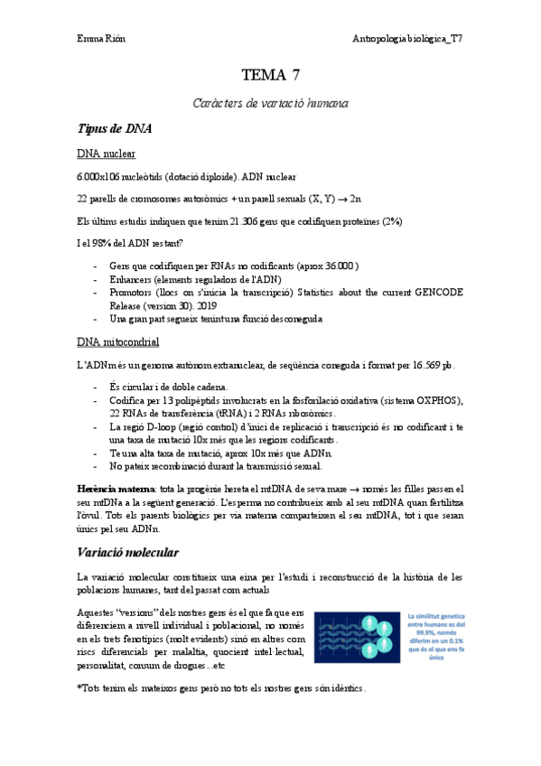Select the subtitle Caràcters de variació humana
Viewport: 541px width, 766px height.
270,104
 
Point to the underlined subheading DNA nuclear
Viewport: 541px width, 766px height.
107,154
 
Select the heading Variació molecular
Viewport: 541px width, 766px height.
127,551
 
